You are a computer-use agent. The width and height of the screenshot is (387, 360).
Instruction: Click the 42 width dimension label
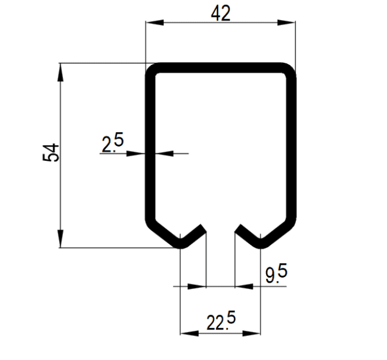pos(220,13)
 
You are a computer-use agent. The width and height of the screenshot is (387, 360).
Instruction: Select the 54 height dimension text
pos(51,153)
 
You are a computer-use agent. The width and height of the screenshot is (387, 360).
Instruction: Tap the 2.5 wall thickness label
pos(113,142)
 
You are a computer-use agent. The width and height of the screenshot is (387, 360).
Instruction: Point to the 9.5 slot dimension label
pos(277,273)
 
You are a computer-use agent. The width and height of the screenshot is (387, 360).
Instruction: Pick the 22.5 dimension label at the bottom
pos(221,321)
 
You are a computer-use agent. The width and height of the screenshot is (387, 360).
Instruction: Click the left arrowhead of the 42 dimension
pos(155,22)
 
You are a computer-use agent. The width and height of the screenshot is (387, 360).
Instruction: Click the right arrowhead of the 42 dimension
pos(286,22)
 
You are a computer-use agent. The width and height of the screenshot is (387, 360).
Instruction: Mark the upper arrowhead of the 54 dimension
pos(61,72)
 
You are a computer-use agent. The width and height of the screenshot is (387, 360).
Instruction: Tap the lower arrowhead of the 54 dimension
pos(61,239)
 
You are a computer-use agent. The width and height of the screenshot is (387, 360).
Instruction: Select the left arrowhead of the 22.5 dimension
pos(189,333)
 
